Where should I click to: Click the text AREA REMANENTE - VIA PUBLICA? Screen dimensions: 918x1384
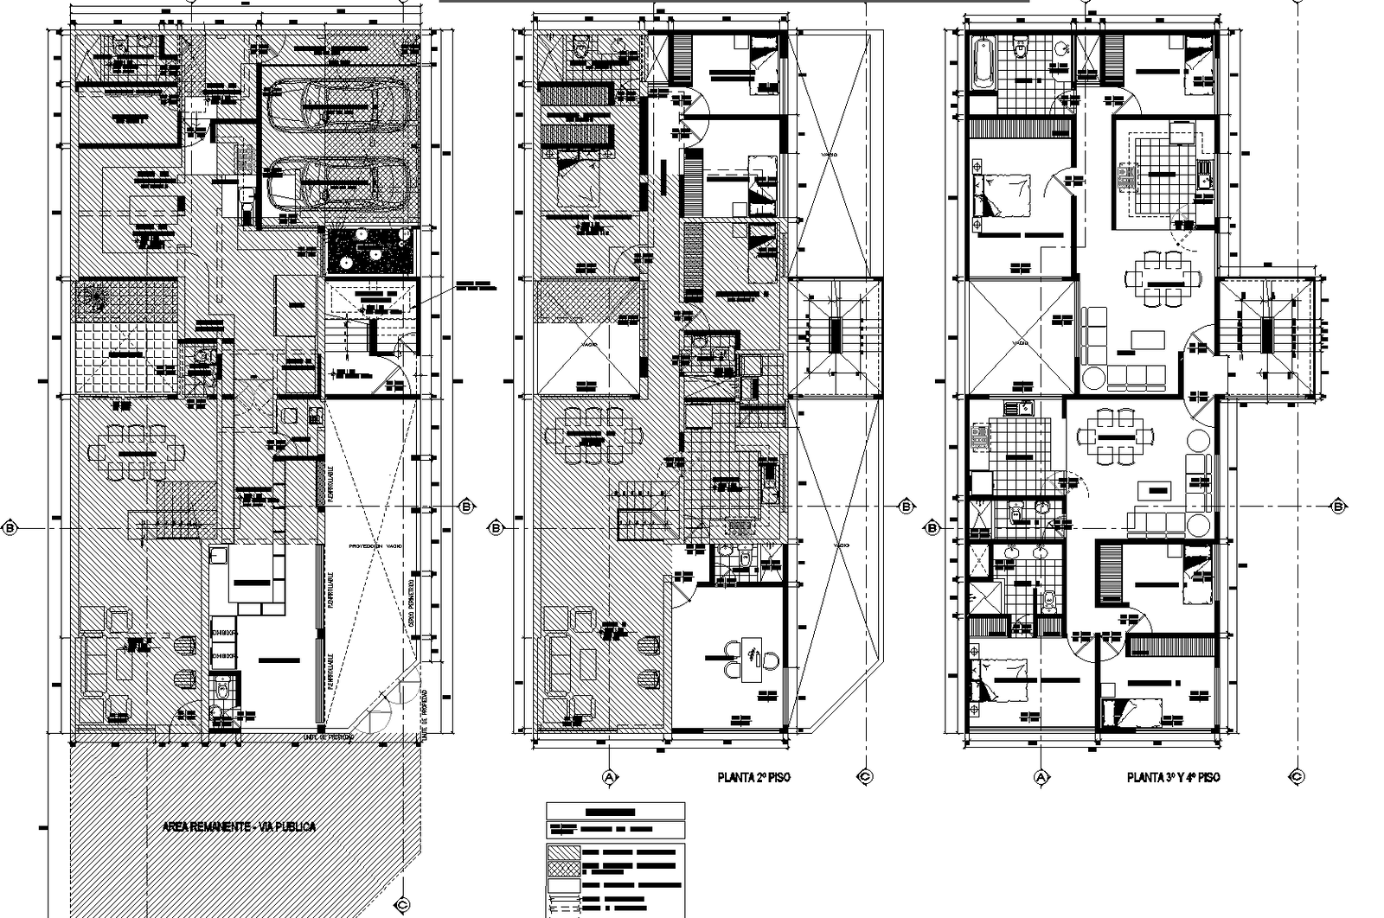point(239,827)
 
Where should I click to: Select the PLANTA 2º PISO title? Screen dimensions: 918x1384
point(753,778)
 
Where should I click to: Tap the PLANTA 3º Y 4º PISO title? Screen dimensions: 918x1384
point(1172,778)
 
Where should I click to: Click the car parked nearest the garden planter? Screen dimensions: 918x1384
point(337,183)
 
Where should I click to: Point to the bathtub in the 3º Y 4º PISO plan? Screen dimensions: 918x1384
point(983,61)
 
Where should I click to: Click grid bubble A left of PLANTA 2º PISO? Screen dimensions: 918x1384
point(609,778)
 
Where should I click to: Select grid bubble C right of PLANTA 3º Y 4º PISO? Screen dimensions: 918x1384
point(1296,778)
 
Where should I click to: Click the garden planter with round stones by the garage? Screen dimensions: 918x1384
point(369,251)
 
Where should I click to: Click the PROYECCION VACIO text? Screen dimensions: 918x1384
point(374,547)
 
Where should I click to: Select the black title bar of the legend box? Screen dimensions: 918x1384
point(611,812)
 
